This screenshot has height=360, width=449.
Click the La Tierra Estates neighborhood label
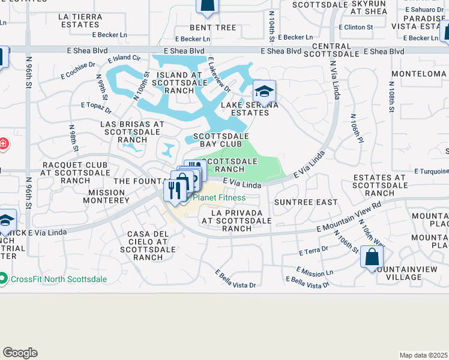pyautogui.click(x=80, y=20)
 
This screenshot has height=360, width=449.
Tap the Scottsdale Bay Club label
pyautogui.click(x=221, y=140)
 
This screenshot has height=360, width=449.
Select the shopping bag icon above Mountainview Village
pyautogui.click(x=372, y=257)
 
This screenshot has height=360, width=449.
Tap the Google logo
pyautogui.click(x=20, y=353)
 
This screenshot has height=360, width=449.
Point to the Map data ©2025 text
pyautogui.click(x=423, y=355)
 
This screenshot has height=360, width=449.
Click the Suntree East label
pyautogui.click(x=306, y=202)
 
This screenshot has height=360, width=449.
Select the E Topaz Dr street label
pyautogui.click(x=96, y=108)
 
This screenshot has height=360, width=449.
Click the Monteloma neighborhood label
pyautogui.click(x=418, y=73)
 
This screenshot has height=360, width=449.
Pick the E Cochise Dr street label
pyautogui.click(x=78, y=71)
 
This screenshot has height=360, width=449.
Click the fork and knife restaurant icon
pyautogui.click(x=174, y=191)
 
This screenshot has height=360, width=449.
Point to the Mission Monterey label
pyautogui.click(x=109, y=196)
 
